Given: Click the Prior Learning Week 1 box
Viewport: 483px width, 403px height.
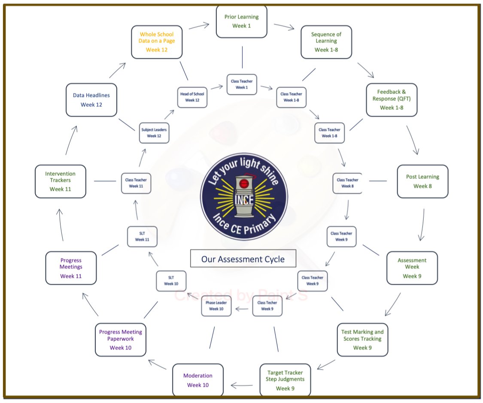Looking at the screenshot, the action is point(241,21).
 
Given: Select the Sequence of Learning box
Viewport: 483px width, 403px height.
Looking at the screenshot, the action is point(326,42).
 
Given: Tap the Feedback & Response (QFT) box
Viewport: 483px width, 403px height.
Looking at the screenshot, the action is point(392,100).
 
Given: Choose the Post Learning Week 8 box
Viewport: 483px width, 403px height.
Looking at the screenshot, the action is point(422,181).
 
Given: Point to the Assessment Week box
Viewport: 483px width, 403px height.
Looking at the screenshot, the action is point(412,268).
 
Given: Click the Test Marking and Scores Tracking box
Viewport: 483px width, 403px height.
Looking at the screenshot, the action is point(362,340).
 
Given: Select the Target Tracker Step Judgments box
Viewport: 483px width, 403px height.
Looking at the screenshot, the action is point(285,380).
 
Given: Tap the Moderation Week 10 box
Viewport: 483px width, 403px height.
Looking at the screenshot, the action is point(198,380).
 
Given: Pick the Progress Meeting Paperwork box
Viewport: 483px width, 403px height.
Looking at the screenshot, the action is point(121,340).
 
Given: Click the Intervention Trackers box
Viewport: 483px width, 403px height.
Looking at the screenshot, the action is point(61,181).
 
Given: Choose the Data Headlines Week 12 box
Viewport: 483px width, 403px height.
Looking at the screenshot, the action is point(91,100).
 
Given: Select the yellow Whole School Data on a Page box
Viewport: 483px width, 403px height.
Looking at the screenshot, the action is point(157,42).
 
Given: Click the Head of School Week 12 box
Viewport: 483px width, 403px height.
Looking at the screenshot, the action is point(192,97).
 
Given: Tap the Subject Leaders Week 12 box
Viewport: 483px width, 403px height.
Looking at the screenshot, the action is point(154,133).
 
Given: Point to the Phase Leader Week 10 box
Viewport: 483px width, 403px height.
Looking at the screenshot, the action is point(216,306).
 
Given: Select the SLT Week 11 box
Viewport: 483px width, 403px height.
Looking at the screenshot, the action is point(142,237).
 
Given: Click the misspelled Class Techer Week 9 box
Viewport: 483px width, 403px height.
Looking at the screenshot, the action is point(267,306).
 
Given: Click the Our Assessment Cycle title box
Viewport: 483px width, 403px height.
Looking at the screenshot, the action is point(243,259).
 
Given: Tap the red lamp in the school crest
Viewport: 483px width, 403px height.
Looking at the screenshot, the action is point(244,184).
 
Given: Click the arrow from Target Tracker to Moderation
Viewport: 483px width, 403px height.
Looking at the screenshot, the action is point(242,385).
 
